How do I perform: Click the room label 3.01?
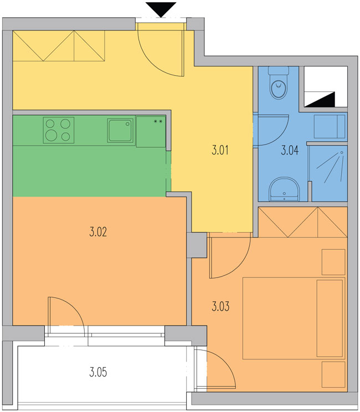coord(220,150)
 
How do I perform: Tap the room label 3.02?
coord(98,232)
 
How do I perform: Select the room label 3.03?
coord(220,306)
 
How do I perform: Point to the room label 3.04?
coord(290,151)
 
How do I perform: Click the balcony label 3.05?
coord(98,372)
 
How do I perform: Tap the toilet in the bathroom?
coord(279,83)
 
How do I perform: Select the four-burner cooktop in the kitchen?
coord(59,130)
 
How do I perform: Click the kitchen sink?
coord(120,130)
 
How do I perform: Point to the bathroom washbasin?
coord(284,189)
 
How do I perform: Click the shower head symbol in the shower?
coord(342,152)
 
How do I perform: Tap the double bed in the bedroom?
coord(294,318)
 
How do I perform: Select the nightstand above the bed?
coord(333,262)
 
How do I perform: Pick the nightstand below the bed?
coord(333,374)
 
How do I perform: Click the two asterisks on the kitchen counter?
coord(158,121)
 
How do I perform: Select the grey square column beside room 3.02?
coord(197,245)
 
